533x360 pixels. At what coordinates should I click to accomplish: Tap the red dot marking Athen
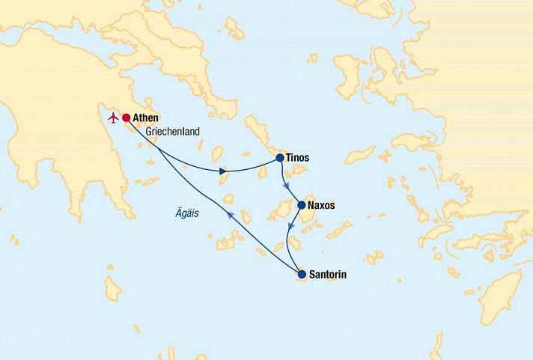pyautogui.click(x=127, y=118)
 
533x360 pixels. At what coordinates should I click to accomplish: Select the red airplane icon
pyautogui.click(x=113, y=118)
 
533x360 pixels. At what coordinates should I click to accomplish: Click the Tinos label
pyautogui.click(x=298, y=158)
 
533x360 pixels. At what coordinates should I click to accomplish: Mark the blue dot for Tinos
pyautogui.click(x=280, y=158)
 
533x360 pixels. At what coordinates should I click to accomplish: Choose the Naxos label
pyautogui.click(x=321, y=205)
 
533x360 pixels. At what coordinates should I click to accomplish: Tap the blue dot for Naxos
pyautogui.click(x=301, y=205)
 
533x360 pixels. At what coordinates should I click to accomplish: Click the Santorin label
pyautogui.click(x=327, y=275)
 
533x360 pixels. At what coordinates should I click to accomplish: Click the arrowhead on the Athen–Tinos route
pyautogui.click(x=223, y=171)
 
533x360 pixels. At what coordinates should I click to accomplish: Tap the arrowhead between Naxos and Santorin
pyautogui.click(x=291, y=227)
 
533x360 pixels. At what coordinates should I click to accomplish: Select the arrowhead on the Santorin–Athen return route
pyautogui.click(x=229, y=216)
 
